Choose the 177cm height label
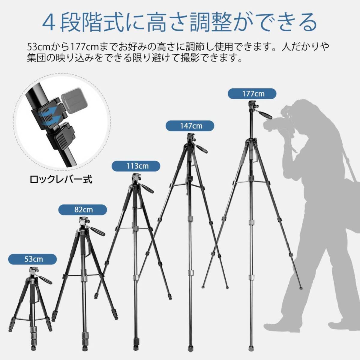tap(253, 94)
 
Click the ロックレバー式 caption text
tap(61, 179)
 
